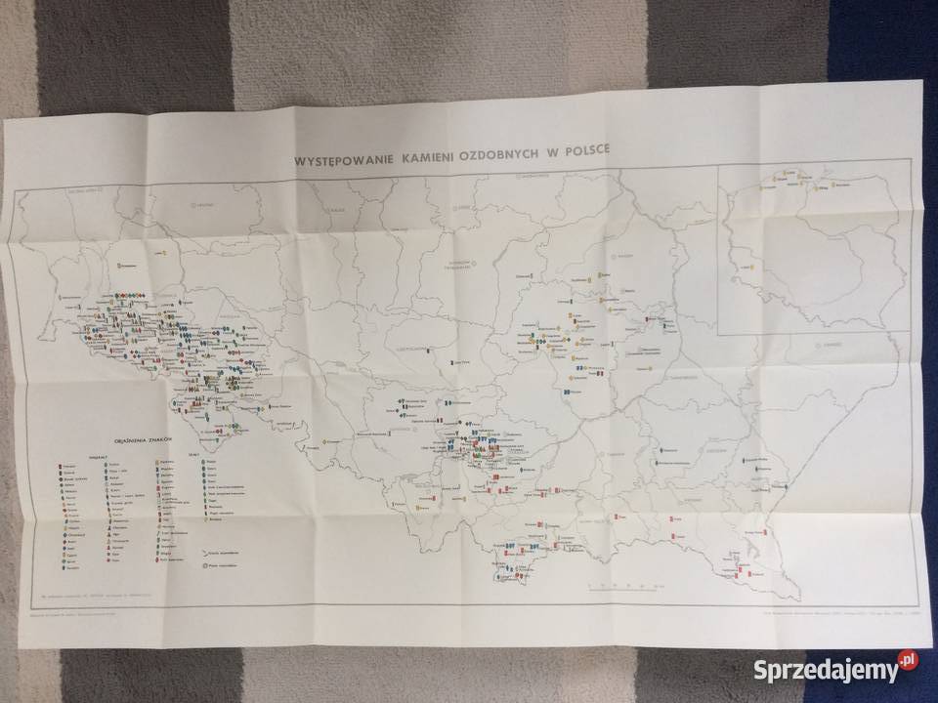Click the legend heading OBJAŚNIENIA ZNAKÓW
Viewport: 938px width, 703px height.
pyautogui.click(x=145, y=441)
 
